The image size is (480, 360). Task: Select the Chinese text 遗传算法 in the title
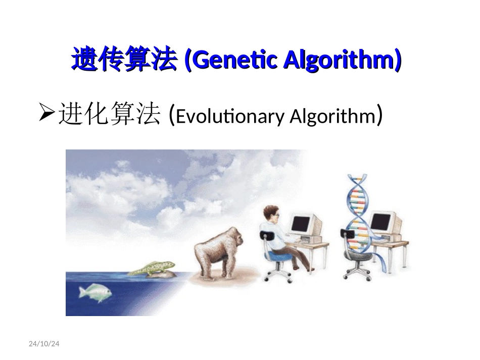[x=124, y=61]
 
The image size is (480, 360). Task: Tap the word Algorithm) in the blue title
[x=342, y=61]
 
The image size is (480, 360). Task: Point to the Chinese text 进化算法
[x=109, y=116]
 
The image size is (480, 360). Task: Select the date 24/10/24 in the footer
[x=44, y=344]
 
